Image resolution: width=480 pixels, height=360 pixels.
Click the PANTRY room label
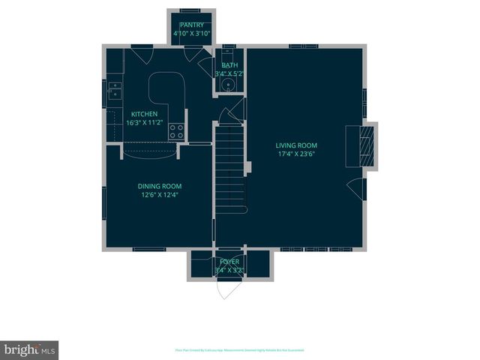pyautogui.click(x=191, y=25)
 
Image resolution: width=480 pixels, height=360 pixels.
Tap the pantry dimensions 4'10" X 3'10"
pyautogui.click(x=191, y=34)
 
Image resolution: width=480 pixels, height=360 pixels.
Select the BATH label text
pyautogui.click(x=229, y=65)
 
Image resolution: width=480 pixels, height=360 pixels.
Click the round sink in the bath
pyautogui.click(x=229, y=85)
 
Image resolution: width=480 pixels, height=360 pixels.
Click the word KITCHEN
pyautogui.click(x=145, y=114)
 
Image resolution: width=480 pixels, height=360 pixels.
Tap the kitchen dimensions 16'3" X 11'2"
pyautogui.click(x=145, y=122)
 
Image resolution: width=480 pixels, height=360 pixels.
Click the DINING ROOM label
pyautogui.click(x=159, y=186)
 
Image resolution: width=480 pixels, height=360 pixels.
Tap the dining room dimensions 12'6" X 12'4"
pyautogui.click(x=159, y=194)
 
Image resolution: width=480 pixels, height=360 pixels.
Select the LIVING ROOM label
pyautogui.click(x=296, y=145)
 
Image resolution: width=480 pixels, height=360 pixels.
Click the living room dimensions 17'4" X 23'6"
pyautogui.click(x=296, y=154)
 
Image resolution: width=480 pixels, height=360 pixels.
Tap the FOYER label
pyautogui.click(x=230, y=262)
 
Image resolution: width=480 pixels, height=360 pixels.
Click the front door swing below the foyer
pyautogui.click(x=229, y=287)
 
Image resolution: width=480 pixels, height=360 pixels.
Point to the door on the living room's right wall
pyautogui.click(x=358, y=188)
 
